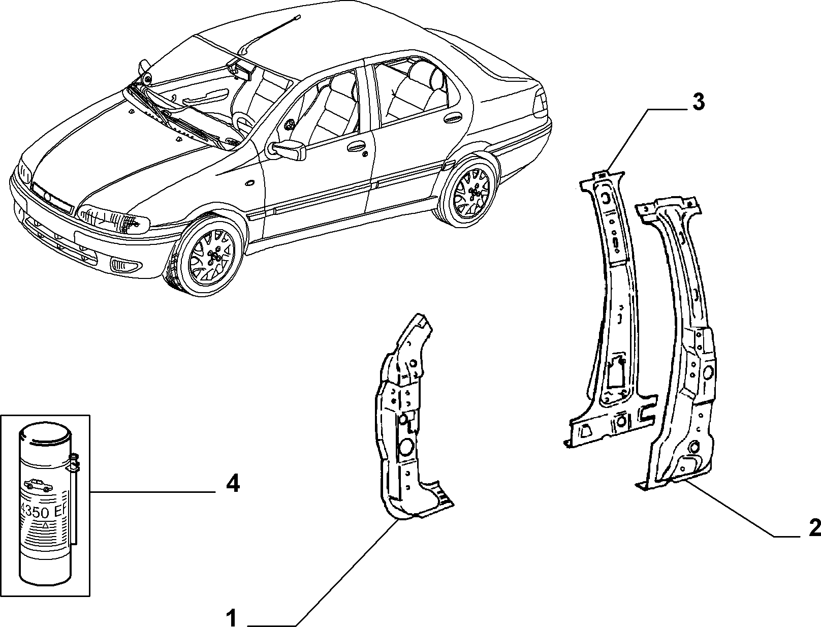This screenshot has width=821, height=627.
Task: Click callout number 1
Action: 232,617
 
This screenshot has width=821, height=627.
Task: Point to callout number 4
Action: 233,484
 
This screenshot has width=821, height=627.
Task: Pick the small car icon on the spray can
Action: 38,485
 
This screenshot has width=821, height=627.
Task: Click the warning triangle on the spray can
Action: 45,525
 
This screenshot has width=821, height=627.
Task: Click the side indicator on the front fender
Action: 249,183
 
